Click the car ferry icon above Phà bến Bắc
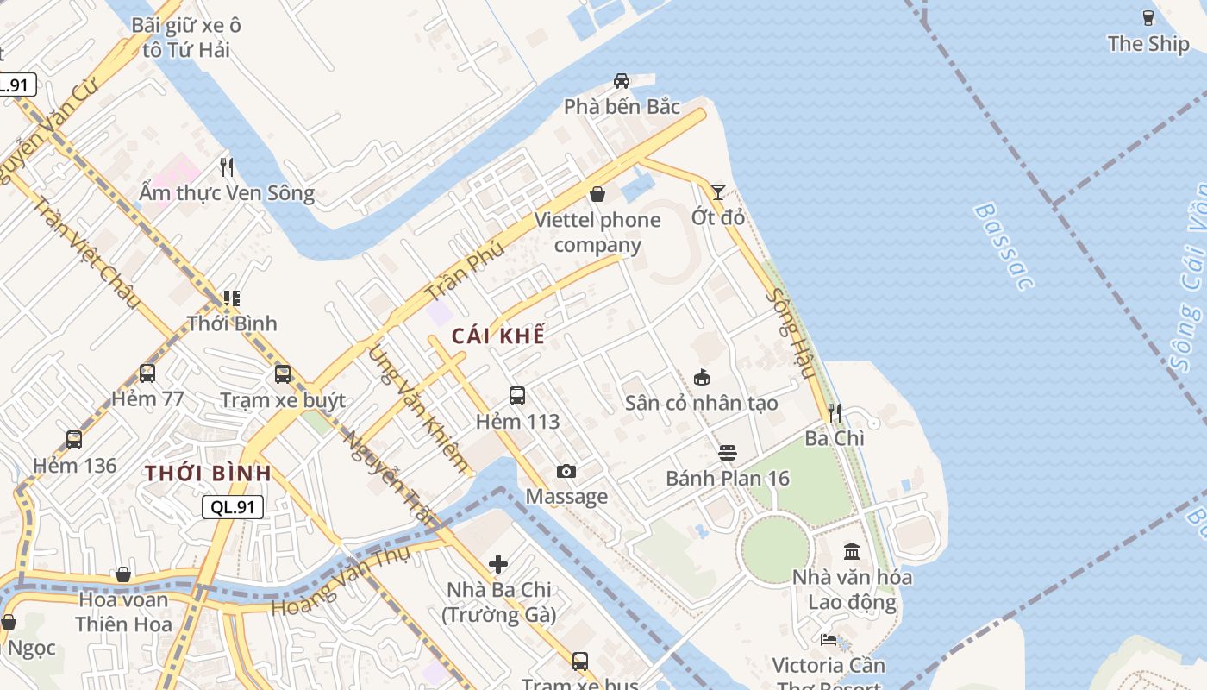pos(621,81)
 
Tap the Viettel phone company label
pos(597,232)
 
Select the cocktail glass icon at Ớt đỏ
pos(717,191)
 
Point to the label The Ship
pos(1148,44)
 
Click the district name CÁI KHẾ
pos(498,336)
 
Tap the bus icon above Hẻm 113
pos(517,396)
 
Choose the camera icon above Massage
pos(566,471)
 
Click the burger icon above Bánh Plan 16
pos(728,453)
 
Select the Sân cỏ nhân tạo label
pos(701,403)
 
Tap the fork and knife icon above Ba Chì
pos(834,413)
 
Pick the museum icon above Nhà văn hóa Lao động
pos(852,551)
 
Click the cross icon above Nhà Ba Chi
pos(498,564)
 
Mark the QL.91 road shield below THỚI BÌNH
pos(233,507)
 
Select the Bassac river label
pos(1003,246)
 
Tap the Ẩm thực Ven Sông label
pos(227,192)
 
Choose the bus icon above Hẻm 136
pos(74,440)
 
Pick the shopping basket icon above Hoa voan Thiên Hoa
pos(123,574)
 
